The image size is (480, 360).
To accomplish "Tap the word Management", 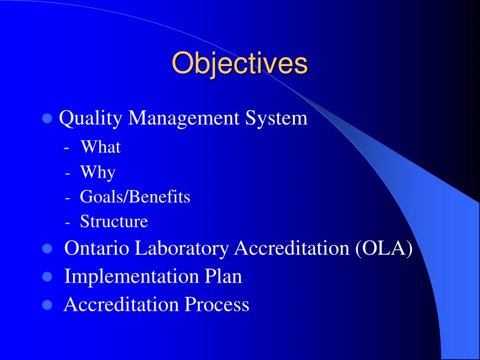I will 185,118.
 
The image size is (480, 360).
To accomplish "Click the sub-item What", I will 100,147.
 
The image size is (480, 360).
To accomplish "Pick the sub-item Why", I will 97,172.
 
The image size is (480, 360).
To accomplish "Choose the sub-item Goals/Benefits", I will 135,197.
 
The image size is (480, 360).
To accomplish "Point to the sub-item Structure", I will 114,221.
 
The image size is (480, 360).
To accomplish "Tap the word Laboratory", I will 182,248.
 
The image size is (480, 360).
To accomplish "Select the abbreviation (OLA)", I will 383,248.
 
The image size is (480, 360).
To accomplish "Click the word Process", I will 217,305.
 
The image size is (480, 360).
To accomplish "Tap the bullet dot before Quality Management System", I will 47,118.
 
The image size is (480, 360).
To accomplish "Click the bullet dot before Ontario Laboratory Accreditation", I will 47,249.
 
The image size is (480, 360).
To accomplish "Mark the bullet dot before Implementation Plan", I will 47,277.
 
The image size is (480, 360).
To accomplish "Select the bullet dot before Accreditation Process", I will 47,306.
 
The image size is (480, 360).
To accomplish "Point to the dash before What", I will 68,148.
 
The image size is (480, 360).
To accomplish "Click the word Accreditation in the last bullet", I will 122,305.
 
